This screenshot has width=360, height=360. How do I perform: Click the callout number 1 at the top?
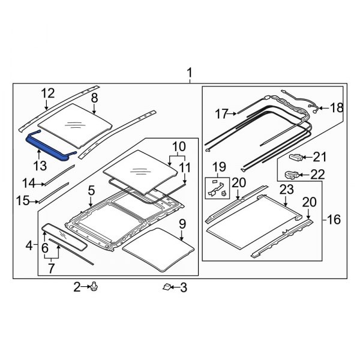190,74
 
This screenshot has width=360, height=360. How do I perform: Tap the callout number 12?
47,93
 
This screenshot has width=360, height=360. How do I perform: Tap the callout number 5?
91,191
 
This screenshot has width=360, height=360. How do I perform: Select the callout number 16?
332,220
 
